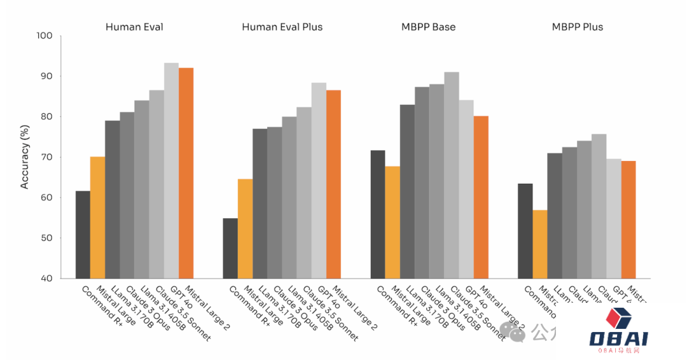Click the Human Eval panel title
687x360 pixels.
[x=134, y=27]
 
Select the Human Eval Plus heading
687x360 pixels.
[x=282, y=27]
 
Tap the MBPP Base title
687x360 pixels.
[x=428, y=27]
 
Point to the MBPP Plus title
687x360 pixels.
[x=577, y=27]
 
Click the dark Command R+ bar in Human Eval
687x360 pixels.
[x=83, y=235]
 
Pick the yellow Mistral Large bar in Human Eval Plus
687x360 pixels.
[x=245, y=229]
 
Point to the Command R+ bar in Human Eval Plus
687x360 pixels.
[x=230, y=248]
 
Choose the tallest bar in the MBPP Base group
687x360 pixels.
[x=452, y=175]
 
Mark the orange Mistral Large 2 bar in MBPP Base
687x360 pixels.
[x=481, y=197]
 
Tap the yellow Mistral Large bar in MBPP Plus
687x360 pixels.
[x=539, y=244]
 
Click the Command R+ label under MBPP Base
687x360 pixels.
[x=397, y=306]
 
